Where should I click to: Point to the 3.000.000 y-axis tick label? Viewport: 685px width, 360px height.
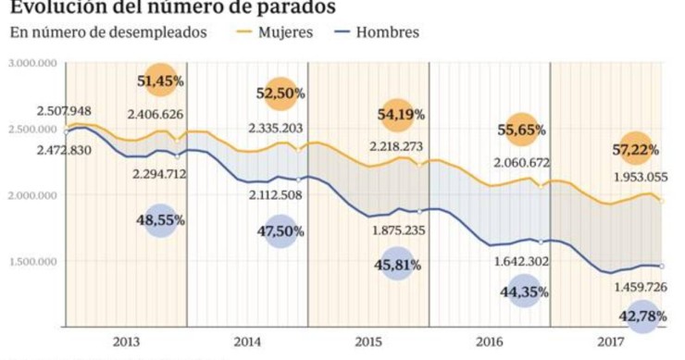tap(33, 63)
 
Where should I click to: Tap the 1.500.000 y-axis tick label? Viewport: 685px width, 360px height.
tap(33, 261)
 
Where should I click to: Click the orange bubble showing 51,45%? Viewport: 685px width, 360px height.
tap(160, 81)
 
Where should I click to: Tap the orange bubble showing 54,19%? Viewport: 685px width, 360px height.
tap(400, 115)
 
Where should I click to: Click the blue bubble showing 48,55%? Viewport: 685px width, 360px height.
tap(159, 220)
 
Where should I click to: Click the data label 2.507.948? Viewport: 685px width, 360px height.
tap(64, 112)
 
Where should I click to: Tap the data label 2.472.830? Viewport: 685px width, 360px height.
tap(64, 150)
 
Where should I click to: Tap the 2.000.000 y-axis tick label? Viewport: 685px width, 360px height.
tap(33, 195)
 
